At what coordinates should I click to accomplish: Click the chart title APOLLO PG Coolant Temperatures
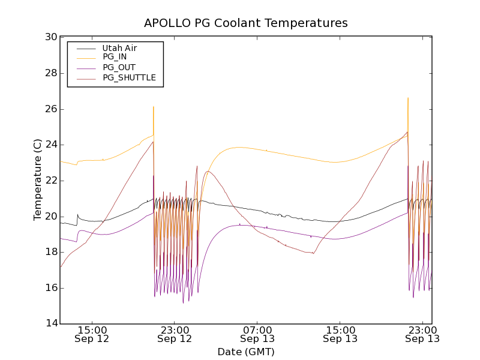pos(245,23)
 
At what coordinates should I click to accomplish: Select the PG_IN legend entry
pos(115,57)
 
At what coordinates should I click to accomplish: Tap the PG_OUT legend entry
pos(119,67)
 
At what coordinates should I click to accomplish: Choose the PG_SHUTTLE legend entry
pos(129,77)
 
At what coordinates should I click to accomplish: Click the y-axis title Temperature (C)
pos(38,180)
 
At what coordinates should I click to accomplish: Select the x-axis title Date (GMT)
pos(245,352)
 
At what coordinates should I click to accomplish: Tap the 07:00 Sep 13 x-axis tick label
pos(257,334)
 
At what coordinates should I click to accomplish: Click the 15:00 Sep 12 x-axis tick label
pos(92,334)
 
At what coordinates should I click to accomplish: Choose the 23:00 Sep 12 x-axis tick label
pos(175,334)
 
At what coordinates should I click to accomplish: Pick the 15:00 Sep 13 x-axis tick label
pos(340,334)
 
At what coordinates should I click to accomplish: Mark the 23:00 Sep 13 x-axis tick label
pos(422,334)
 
